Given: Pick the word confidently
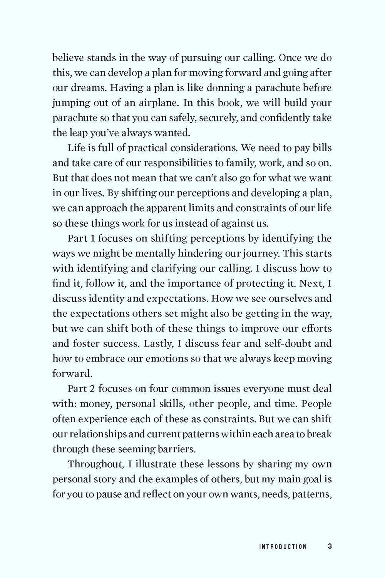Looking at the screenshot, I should pos(288,118).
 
